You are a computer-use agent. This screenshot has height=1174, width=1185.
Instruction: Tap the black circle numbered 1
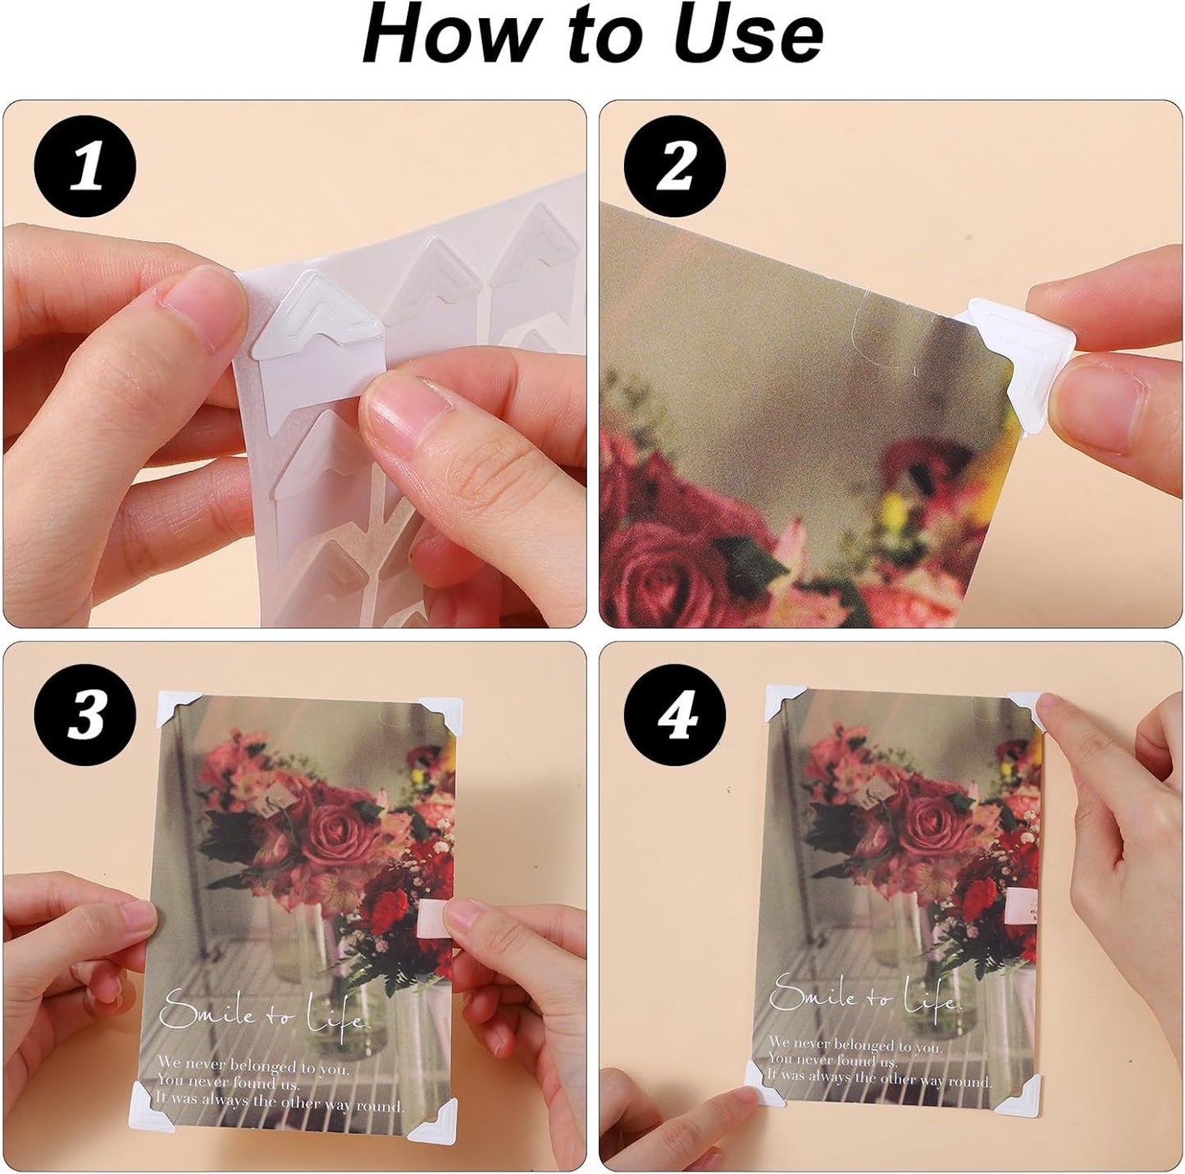[84, 166]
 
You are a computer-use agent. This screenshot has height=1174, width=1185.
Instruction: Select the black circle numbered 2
[675, 166]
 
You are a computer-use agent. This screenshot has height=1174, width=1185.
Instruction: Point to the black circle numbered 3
[84, 715]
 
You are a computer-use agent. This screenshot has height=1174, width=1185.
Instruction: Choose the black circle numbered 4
[675, 715]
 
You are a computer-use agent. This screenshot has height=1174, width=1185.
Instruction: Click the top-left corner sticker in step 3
[176, 708]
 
